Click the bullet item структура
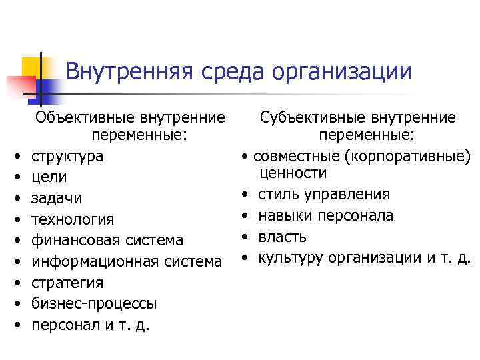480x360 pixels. click(69, 157)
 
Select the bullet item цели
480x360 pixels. click(51, 178)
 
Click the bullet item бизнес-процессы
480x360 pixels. click(95, 303)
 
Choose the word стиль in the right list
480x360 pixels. click(277, 195)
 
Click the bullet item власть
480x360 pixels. click(282, 237)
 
